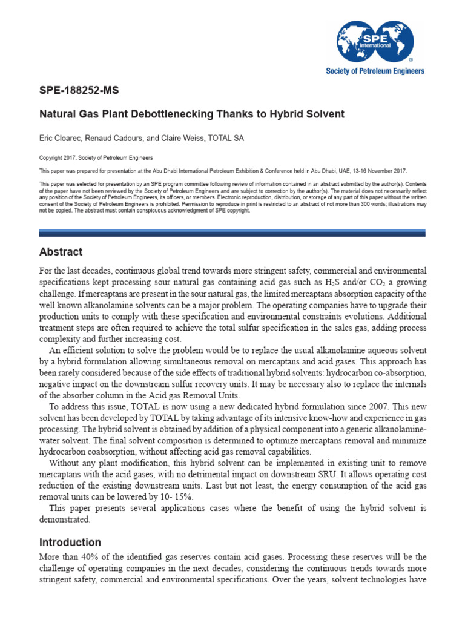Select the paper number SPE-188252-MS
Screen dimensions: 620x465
coord(79,91)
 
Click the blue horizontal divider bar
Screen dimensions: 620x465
coord(232,232)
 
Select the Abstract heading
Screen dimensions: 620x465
coord(61,252)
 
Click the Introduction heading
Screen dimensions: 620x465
coord(70,542)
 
